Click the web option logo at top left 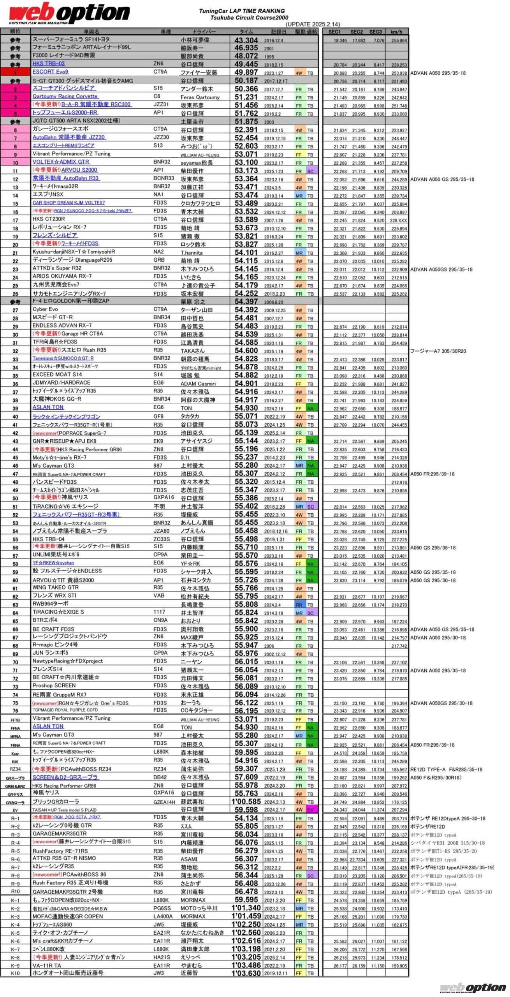[69, 14]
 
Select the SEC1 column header [334, 32]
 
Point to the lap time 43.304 [246, 40]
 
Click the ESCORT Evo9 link [50, 72]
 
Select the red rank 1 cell [16, 72]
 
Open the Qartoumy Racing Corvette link [65, 96]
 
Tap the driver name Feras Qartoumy [200, 97]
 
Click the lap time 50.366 [246, 89]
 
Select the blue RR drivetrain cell [299, 605]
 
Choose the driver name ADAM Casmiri [198, 384]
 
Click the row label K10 [15, 973]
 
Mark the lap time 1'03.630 [246, 973]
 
